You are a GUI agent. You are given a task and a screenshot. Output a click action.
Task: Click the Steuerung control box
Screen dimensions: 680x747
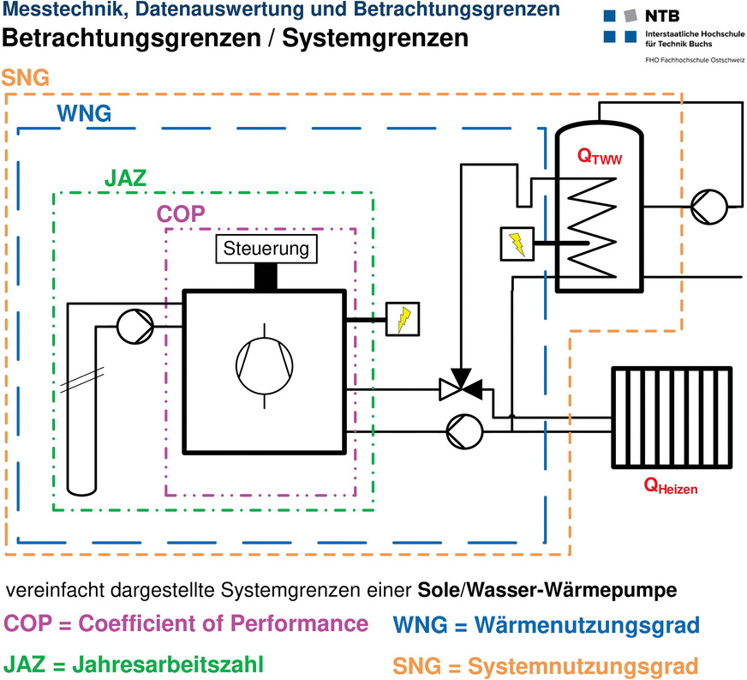tap(265, 250)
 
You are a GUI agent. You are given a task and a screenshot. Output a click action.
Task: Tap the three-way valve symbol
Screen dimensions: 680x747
tap(461, 389)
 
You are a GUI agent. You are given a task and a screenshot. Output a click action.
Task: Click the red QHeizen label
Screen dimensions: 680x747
tap(671, 488)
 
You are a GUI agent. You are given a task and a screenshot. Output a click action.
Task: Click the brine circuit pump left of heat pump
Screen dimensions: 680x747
tap(134, 326)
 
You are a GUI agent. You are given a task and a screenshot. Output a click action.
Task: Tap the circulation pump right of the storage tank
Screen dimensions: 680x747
tap(710, 206)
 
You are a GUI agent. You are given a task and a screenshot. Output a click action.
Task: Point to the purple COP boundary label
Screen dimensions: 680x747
tap(181, 214)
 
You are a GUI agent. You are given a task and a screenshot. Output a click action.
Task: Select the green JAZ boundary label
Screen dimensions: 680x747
tap(125, 178)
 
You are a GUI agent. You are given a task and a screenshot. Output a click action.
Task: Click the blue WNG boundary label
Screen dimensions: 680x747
tap(83, 113)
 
